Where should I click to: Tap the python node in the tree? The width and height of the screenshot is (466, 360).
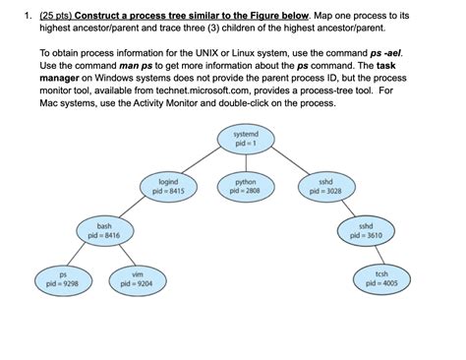pos(245,186)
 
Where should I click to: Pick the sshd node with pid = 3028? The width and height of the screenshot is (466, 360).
pos(325,186)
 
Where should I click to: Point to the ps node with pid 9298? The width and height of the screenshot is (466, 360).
pos(62,278)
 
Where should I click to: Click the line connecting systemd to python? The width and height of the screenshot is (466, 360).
pos(245,161)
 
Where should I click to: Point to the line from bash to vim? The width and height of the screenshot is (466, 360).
pos(119,255)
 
